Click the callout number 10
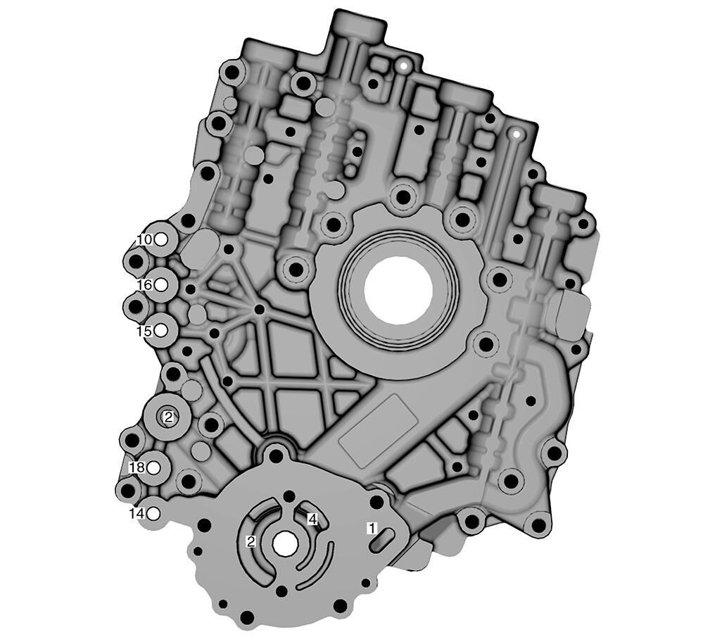145,240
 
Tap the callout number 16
145,285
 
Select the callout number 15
145,332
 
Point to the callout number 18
137,468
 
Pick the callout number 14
137,514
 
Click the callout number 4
312,519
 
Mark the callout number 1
372,529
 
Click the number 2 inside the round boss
169,417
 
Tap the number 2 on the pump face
251,542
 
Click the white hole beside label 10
161,240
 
